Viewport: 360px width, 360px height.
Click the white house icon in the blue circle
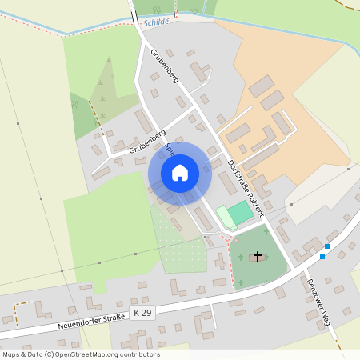tap(179, 172)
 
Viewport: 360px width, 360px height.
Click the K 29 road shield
tap(142, 312)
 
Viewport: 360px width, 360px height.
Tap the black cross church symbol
tap(258, 256)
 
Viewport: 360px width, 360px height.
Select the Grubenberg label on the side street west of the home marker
tap(146, 140)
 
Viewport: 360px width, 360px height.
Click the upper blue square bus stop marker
tap(328, 246)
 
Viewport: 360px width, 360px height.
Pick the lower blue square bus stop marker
tap(322, 257)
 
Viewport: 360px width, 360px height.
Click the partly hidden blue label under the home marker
tap(170, 149)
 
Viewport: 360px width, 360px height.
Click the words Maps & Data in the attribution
tap(21, 354)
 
